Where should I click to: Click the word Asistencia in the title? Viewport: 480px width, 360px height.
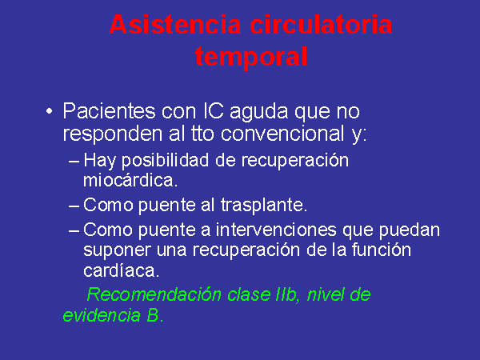tap(174, 25)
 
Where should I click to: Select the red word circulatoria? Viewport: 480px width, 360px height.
tap(321, 25)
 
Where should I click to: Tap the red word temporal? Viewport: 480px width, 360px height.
tap(251, 57)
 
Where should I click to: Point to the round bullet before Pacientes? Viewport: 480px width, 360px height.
tap(49, 111)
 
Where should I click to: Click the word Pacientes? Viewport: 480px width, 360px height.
tap(109, 111)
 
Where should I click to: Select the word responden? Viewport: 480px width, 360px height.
tap(112, 134)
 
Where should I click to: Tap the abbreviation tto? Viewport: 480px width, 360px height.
tap(202, 134)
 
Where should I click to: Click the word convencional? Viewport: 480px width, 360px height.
tap(282, 134)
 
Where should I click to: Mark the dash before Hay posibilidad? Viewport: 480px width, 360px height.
tap(74, 161)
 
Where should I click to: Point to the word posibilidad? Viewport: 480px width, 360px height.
tap(166, 162)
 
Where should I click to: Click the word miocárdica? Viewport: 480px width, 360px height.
tap(130, 180)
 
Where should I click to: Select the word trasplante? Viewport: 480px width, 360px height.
tap(263, 205)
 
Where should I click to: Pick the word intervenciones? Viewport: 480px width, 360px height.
tap(276, 230)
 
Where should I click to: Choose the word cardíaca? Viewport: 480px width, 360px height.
tap(122, 270)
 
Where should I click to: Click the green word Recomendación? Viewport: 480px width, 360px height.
tap(154, 294)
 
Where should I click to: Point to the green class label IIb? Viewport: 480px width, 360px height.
tap(287, 294)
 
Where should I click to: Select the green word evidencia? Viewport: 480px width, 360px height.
tap(102, 315)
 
